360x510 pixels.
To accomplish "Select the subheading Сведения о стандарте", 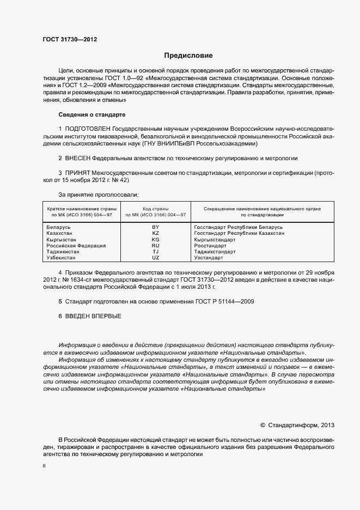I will coord(91,114).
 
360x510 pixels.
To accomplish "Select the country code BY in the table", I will coord(155,226).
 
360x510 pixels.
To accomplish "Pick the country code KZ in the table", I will coord(155,233).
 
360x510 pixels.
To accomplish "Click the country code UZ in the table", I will coord(155,258).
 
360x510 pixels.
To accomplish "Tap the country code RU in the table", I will coord(155,245).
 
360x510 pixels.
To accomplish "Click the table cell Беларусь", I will coord(59,226).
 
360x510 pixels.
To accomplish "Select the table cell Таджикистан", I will coord(64,252).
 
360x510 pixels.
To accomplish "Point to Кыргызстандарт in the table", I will coord(215,239).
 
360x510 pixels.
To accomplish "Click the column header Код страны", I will coord(155,208).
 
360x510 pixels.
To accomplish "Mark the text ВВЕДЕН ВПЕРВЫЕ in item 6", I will coord(93,316).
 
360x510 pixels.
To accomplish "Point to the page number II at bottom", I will coord(44,467).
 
